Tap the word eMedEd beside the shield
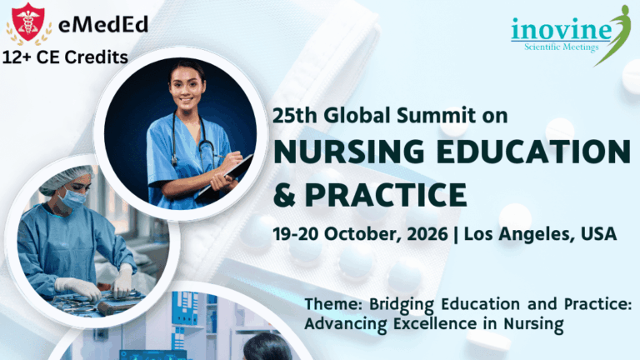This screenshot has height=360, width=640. [x=103, y=24]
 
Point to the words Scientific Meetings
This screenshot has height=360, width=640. [x=560, y=47]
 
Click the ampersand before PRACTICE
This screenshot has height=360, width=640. [x=285, y=195]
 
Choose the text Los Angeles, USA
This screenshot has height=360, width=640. [x=540, y=234]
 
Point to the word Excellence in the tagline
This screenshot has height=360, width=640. [x=433, y=322]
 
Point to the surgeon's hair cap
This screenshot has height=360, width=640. [x=66, y=177]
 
